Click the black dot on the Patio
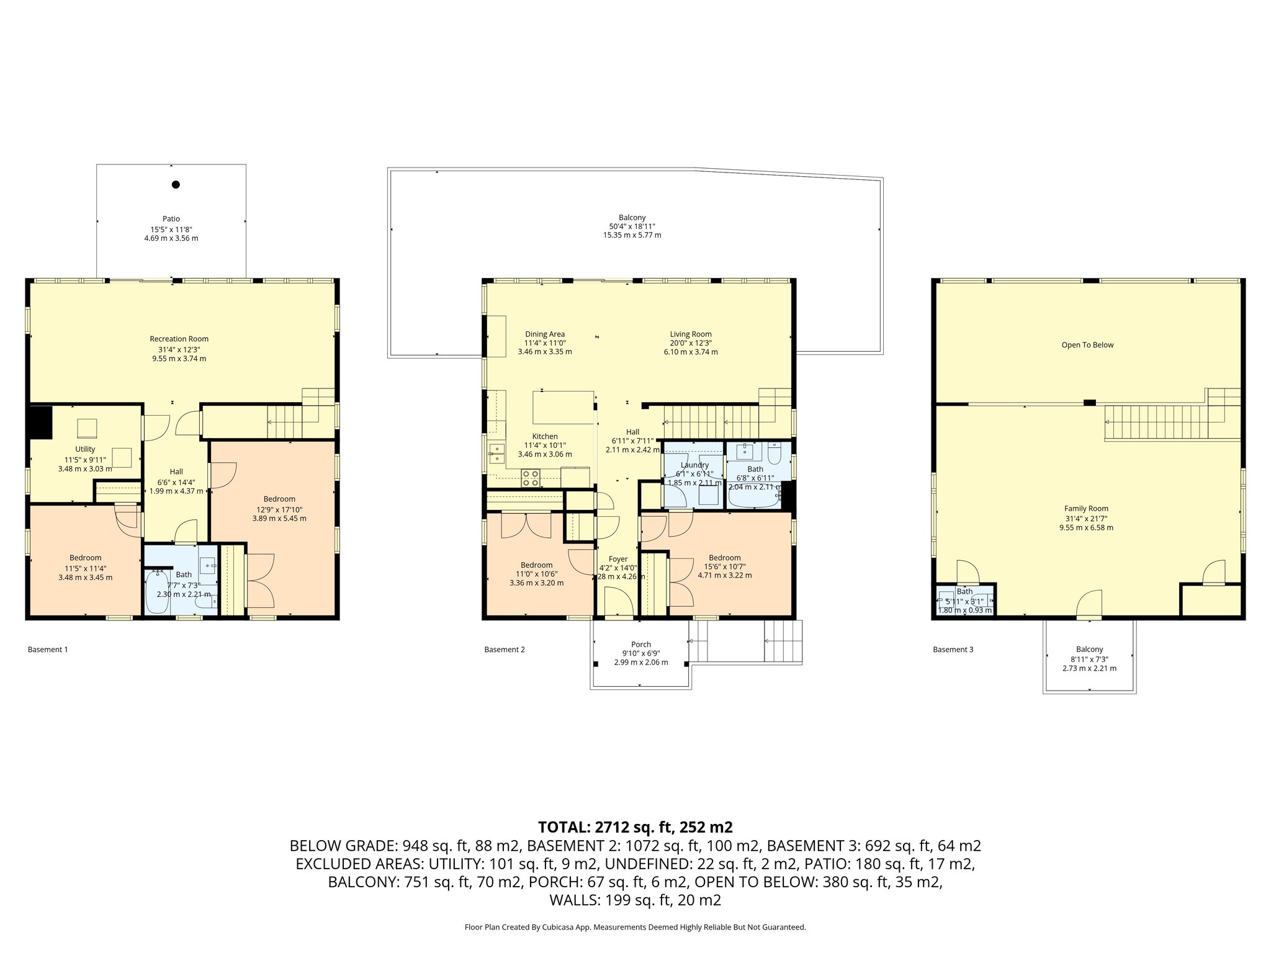tap(176, 184)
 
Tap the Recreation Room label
tap(179, 339)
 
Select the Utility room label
tap(85, 449)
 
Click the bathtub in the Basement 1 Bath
tap(157, 592)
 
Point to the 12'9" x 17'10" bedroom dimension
tap(279, 509)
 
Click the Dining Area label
tap(544, 334)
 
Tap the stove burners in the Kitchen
tap(530, 478)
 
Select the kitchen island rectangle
tap(563, 407)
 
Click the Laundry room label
tap(694, 465)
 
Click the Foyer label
tap(618, 559)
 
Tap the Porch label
tap(640, 645)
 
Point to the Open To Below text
tap(1087, 345)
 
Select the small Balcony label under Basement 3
tap(1089, 650)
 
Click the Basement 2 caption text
tap(504, 650)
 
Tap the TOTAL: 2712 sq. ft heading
tap(635, 827)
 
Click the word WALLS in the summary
tap(571, 900)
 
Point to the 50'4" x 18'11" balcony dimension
tap(632, 226)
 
